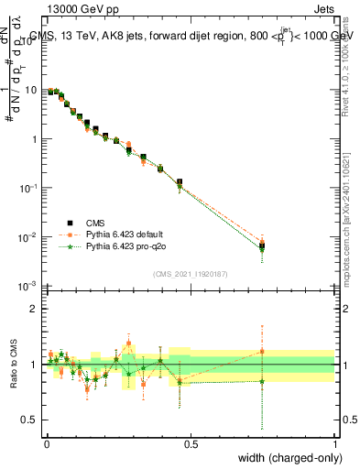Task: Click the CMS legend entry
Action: click(x=94, y=222)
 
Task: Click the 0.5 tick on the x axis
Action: click(x=191, y=444)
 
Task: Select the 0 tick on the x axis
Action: click(x=46, y=444)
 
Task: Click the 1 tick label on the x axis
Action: click(x=335, y=444)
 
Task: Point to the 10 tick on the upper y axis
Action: click(x=32, y=90)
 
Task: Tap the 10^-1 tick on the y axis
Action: click(x=29, y=188)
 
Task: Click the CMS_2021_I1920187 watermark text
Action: click(x=190, y=274)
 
